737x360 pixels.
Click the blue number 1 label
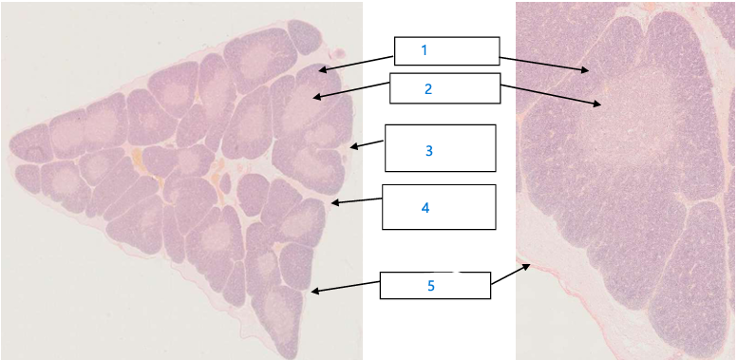(x=425, y=48)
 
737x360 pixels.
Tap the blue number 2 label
(x=428, y=88)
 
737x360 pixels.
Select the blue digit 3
(x=429, y=150)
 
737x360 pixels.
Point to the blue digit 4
(x=425, y=207)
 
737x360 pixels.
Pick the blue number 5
(x=430, y=285)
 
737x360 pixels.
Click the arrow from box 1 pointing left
(x=357, y=61)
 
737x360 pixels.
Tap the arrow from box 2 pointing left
(x=351, y=90)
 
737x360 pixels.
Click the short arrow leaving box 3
(x=367, y=144)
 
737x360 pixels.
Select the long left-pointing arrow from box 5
(x=346, y=287)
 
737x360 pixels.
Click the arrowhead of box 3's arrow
(x=352, y=146)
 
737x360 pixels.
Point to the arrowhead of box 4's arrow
(x=333, y=202)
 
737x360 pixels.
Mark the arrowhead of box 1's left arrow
(x=322, y=69)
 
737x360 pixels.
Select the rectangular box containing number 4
(x=439, y=207)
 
